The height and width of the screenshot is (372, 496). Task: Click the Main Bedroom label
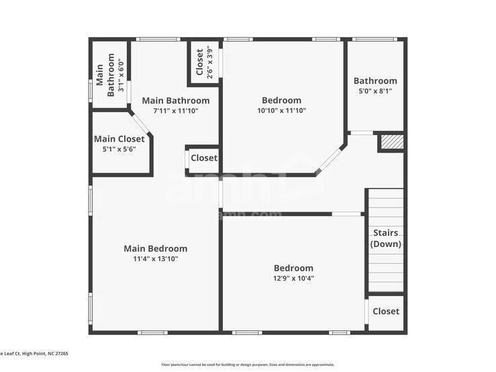coord(155,248)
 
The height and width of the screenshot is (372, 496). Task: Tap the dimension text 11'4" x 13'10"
coord(155,259)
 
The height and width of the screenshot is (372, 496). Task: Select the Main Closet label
coord(119,139)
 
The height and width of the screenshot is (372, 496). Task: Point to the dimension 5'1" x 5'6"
coord(119,149)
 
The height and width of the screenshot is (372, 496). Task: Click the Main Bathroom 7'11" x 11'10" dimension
coord(176,111)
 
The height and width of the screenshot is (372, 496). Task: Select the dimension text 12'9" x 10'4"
coord(293,278)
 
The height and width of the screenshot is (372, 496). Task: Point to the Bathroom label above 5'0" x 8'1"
coord(375,81)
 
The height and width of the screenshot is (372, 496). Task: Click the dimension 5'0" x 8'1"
coord(375,91)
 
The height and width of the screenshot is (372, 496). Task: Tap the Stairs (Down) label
coord(386,238)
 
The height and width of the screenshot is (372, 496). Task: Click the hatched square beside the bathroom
coord(391,142)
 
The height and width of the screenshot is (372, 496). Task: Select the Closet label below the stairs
coord(386,312)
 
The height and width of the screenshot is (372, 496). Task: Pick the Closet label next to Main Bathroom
coord(204,158)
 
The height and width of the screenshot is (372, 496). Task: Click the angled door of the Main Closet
coord(141,124)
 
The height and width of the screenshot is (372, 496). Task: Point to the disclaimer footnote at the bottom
coord(248,365)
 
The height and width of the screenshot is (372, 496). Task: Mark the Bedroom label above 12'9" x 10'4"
coord(293,268)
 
